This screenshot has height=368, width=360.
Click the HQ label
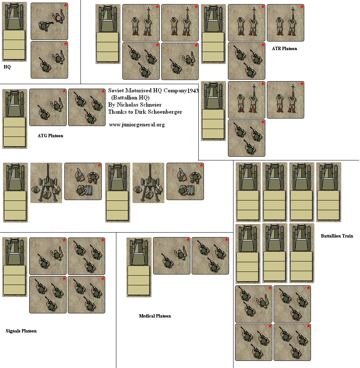(x=7, y=67)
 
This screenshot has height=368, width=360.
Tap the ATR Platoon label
(x=284, y=49)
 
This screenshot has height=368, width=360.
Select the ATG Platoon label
(x=51, y=136)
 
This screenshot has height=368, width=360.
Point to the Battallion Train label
(x=337, y=236)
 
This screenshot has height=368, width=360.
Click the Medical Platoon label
(x=155, y=316)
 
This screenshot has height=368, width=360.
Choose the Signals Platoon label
(x=21, y=331)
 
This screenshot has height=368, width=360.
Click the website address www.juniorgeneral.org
(x=137, y=125)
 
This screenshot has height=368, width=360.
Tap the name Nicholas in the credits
(x=127, y=105)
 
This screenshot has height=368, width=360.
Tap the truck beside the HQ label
(x=14, y=32)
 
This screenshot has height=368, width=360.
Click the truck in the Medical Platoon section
(x=139, y=267)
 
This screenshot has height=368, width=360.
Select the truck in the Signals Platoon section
(x=15, y=267)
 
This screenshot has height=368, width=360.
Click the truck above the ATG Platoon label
(x=15, y=119)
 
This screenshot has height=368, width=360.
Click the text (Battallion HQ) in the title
(x=130, y=98)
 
